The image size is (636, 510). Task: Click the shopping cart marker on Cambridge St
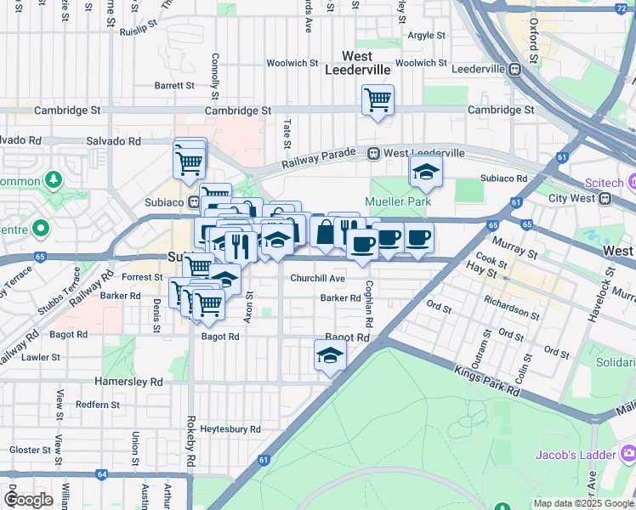(377, 100)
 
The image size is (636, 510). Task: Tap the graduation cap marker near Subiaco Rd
(426, 173)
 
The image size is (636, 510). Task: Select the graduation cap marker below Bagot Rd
(330, 356)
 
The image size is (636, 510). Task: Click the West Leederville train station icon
(373, 153)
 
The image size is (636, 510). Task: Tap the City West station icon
(605, 198)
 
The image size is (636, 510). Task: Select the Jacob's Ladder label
(574, 455)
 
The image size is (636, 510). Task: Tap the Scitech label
(605, 183)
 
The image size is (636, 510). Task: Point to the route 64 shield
(101, 474)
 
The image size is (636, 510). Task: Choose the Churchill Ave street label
(317, 279)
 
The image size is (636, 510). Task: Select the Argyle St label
(426, 36)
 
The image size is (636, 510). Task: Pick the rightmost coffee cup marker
(417, 238)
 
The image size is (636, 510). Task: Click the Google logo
(28, 500)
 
